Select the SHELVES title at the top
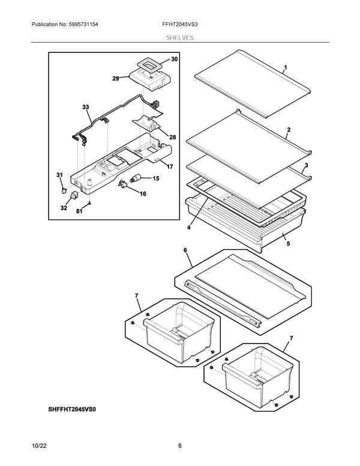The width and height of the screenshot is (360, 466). (179, 37)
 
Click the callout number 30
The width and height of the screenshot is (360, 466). (175, 59)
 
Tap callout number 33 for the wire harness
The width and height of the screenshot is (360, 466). (86, 107)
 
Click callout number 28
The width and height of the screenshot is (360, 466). (172, 138)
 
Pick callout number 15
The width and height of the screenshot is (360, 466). (155, 178)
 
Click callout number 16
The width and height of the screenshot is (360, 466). (143, 194)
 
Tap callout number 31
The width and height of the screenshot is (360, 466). (59, 175)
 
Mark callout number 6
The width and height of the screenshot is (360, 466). (185, 250)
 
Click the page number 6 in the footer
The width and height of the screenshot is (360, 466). (179, 445)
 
